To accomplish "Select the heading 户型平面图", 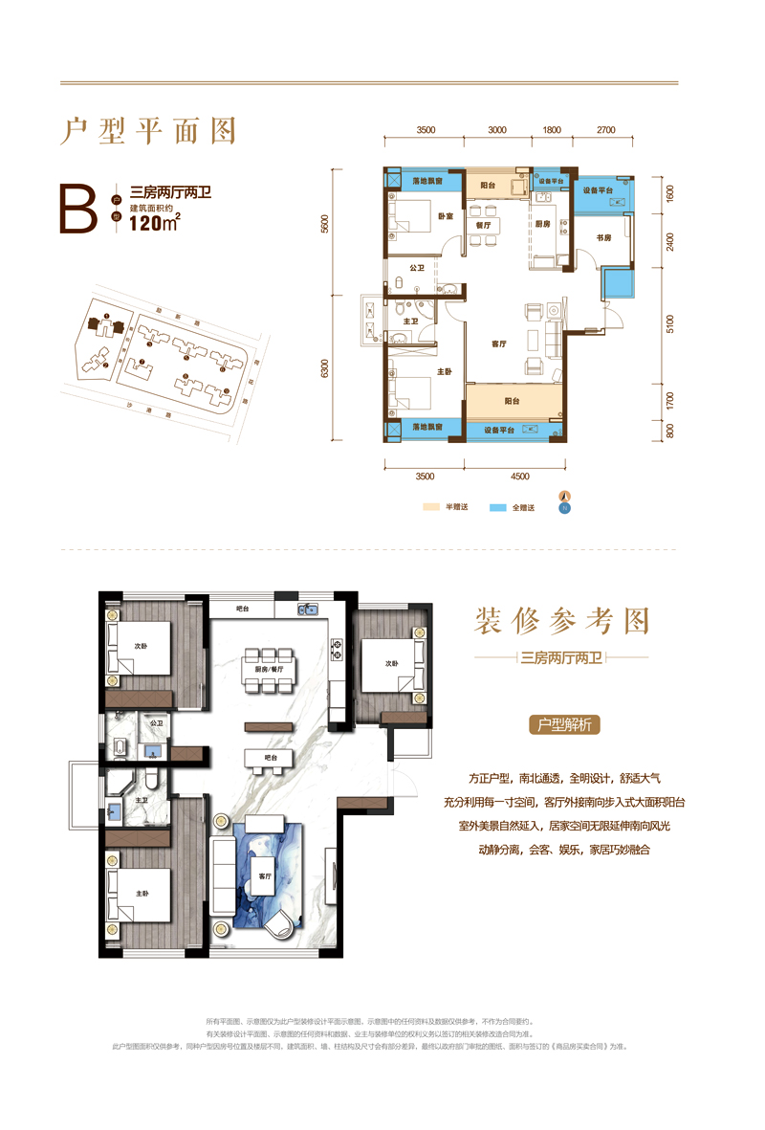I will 148,130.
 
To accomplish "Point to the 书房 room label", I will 603,236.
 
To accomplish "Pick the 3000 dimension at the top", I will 496,129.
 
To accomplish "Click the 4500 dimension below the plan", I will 520,475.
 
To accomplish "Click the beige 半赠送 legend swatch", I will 431,508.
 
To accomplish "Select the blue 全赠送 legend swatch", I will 497,508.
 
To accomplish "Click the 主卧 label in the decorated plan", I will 142,893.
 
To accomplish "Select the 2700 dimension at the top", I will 605,129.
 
